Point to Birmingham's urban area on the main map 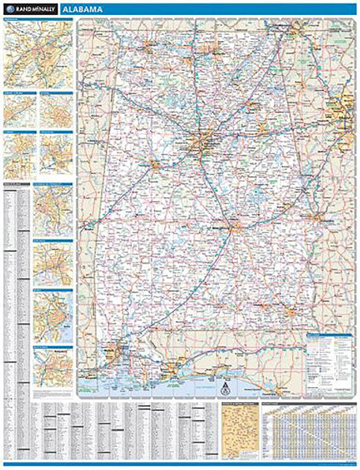point(206,142)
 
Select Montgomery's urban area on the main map point(236,225)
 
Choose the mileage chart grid point(310,436)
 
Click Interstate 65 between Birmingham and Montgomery point(222,187)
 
